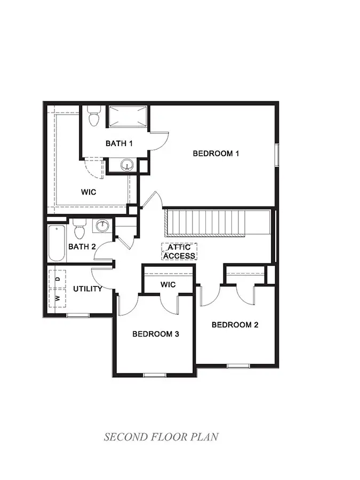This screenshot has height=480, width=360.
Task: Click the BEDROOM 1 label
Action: pos(215,154)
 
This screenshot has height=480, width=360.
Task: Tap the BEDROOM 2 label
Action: pos(235,325)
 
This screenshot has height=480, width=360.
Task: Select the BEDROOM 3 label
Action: pos(155,334)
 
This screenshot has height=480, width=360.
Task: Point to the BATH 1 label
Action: pos(119,143)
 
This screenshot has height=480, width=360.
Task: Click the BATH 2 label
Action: pos(82,246)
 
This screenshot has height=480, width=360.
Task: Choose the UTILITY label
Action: pos(87,289)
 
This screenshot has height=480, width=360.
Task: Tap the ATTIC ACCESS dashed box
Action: pos(179,252)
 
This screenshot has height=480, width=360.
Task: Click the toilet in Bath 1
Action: pos(94,117)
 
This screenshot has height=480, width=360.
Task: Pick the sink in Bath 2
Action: pos(102,226)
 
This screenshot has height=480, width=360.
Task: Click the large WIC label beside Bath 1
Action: pos(89,192)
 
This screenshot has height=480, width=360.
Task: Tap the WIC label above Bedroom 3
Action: pos(168,285)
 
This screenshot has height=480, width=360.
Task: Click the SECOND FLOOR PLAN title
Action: pos(161,437)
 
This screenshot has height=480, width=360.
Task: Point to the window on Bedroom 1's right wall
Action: pos(277,155)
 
